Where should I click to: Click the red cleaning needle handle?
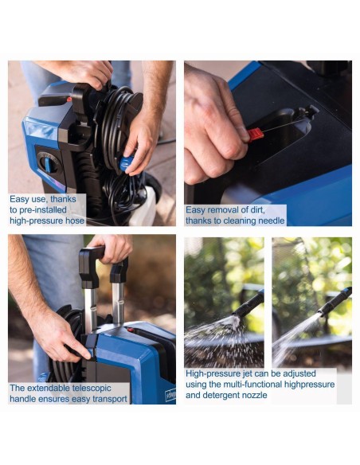pos(256,135)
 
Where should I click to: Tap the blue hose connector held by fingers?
pos(127,163)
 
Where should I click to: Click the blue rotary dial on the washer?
pos(48,163)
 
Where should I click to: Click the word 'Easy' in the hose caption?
pos(20,199)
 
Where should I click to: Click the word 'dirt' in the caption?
pos(257,210)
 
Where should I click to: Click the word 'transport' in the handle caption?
pos(109,400)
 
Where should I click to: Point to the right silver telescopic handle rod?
pos(119,300)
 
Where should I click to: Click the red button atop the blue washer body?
pos(131,330)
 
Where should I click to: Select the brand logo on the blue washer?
pos(170,394)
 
